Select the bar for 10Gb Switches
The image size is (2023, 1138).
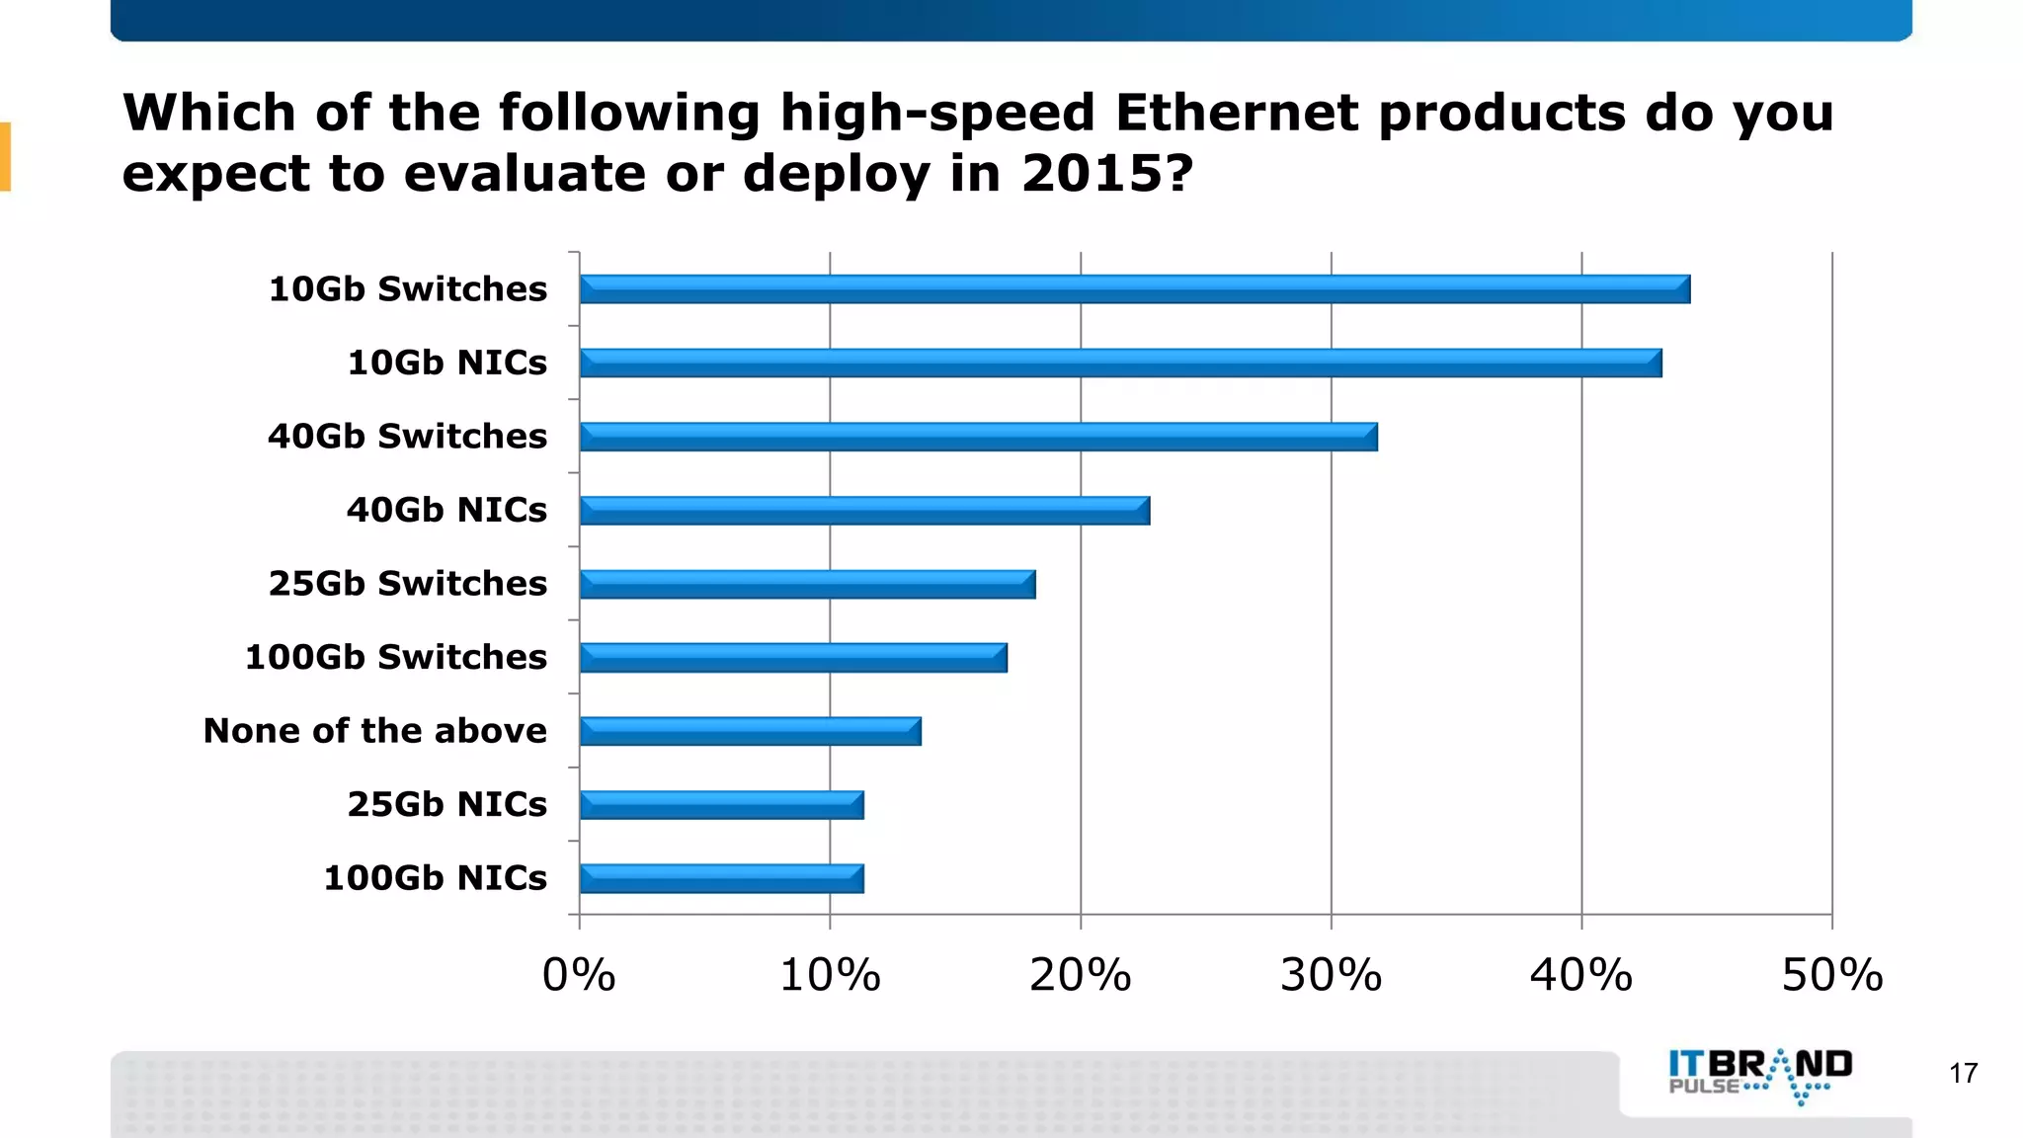pyautogui.click(x=1134, y=289)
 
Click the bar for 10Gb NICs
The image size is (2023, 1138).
pyautogui.click(x=1120, y=363)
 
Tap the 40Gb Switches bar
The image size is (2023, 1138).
pyautogui.click(x=978, y=437)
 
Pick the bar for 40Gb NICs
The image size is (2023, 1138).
pyautogui.click(x=864, y=511)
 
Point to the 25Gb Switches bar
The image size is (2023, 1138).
pyautogui.click(x=807, y=584)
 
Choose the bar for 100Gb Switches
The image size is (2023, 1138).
pyautogui.click(x=793, y=658)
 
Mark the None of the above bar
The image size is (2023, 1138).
pyautogui.click(x=750, y=731)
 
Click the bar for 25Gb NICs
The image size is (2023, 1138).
pyautogui.click(x=721, y=805)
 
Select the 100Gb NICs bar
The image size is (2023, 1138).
pyautogui.click(x=721, y=878)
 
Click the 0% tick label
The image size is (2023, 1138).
pyautogui.click(x=579, y=976)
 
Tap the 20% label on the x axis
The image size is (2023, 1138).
pyautogui.click(x=1080, y=976)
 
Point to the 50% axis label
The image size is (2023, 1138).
pyautogui.click(x=1831, y=976)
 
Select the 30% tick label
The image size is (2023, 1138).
pyautogui.click(x=1331, y=976)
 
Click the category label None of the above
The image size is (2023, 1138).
pyautogui.click(x=375, y=731)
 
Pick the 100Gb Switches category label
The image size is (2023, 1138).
pyautogui.click(x=396, y=657)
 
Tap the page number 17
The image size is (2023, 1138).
pyautogui.click(x=1964, y=1073)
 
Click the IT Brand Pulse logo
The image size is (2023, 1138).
pyautogui.click(x=1760, y=1077)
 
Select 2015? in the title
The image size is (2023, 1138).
pyautogui.click(x=1107, y=174)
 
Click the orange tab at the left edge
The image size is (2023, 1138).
pyautogui.click(x=5, y=156)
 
